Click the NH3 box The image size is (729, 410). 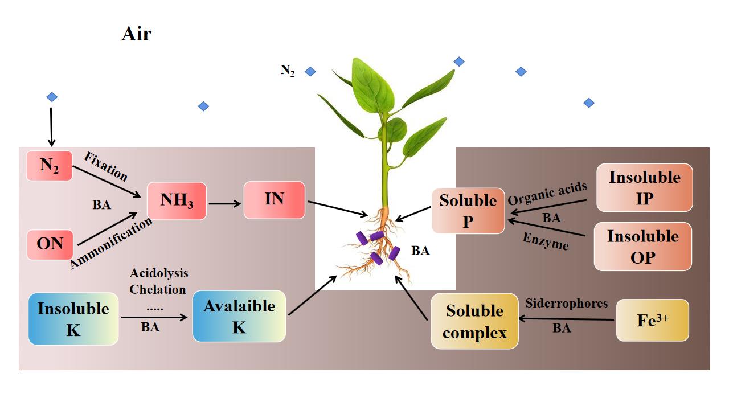tap(176, 201)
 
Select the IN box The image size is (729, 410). tap(274, 200)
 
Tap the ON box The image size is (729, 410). tap(50, 244)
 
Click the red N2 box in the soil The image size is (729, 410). tap(50, 166)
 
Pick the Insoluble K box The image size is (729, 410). tap(73, 319)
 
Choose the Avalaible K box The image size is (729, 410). tap(239, 316)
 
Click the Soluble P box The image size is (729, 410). tap(468, 211)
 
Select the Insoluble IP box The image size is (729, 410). tap(644, 187)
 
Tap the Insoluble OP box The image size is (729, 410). tap(643, 246)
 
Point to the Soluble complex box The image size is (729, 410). tap(474, 321)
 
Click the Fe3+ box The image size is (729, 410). tap(652, 320)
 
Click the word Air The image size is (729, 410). tap(137, 34)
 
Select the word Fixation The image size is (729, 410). tap(106, 166)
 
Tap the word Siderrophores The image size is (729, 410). tap(566, 304)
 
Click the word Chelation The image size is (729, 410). tap(158, 289)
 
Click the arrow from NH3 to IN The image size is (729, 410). tap(224, 203)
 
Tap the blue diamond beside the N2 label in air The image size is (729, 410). tap(310, 72)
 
